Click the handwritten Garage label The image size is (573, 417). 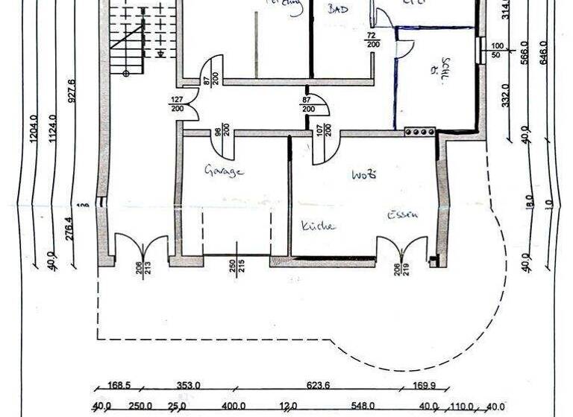click(225, 171)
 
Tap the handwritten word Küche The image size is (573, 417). click(319, 225)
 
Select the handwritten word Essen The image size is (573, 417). click(402, 215)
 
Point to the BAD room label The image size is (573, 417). click(339, 9)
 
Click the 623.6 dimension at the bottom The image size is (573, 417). click(318, 386)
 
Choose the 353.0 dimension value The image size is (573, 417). click(188, 386)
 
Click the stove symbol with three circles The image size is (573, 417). click(420, 132)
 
